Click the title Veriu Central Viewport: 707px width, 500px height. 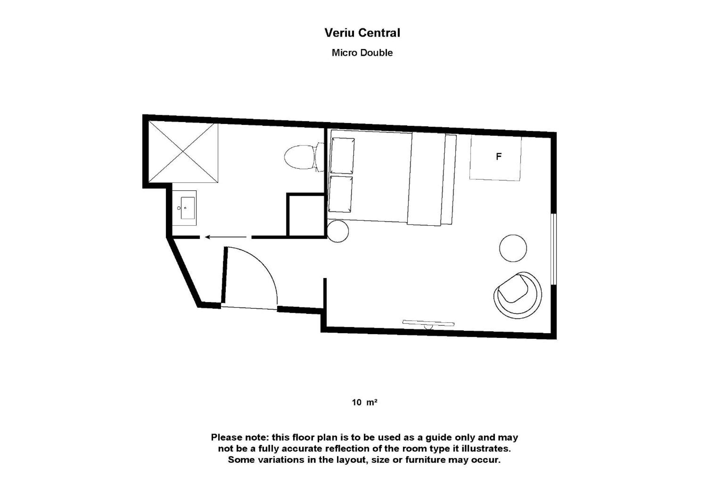point(362,33)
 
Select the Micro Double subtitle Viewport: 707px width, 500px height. point(362,53)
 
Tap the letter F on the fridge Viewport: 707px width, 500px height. point(499,157)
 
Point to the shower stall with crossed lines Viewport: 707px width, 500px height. point(183,152)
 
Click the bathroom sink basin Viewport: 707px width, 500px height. point(187,208)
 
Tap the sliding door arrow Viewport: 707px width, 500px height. point(226,237)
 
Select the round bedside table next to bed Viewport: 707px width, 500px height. point(338,231)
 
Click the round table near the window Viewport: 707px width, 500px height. point(513,248)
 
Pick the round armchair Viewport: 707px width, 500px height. point(517,295)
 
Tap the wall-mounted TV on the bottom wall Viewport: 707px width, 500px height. point(428,323)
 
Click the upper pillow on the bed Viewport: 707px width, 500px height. point(342,156)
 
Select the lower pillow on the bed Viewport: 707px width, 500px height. point(340,194)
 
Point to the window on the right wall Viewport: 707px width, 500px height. point(554,249)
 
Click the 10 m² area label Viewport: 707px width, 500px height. point(365,402)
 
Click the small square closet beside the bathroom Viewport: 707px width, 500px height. point(306,215)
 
